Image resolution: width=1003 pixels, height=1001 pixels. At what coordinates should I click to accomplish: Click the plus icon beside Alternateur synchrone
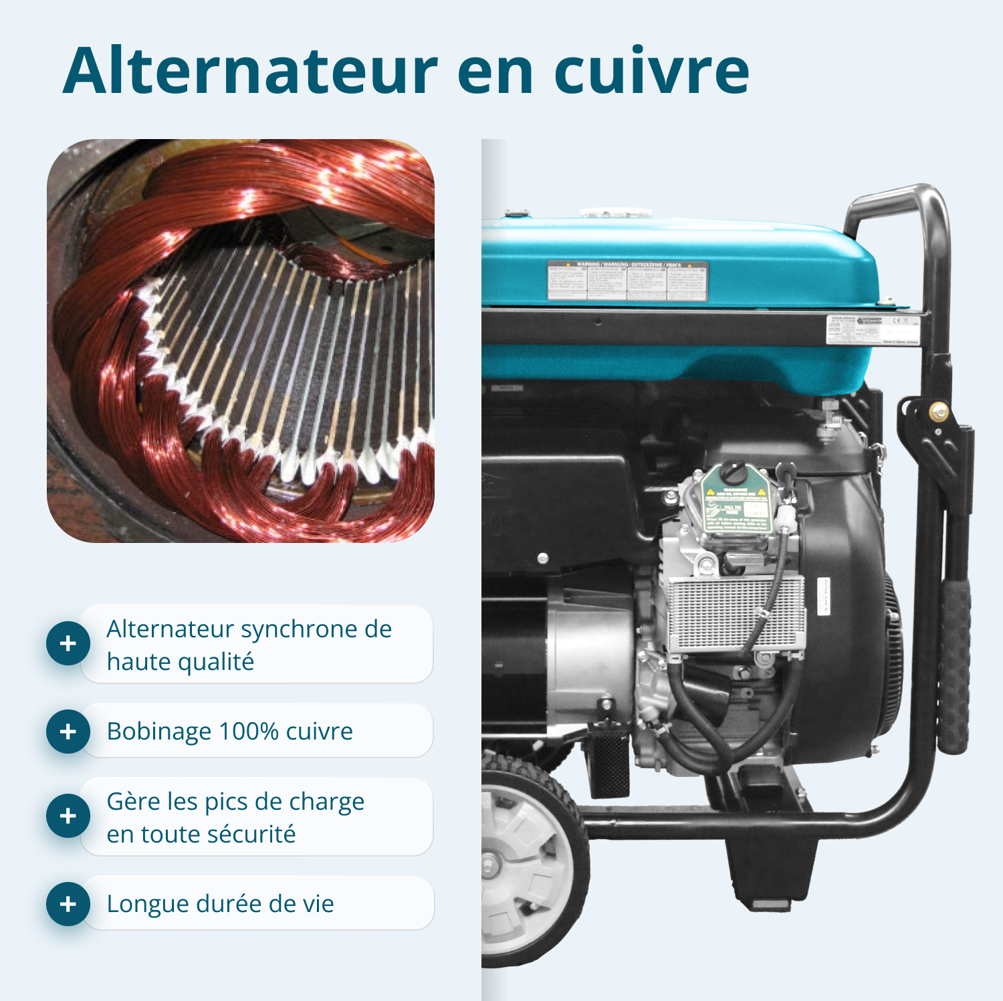pyautogui.click(x=68, y=643)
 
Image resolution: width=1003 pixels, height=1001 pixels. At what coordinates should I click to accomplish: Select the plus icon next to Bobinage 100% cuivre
pyautogui.click(x=68, y=731)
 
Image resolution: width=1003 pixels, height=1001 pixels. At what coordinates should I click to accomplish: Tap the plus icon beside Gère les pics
pyautogui.click(x=68, y=816)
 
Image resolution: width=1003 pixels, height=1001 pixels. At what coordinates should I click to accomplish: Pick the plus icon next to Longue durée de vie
pyautogui.click(x=68, y=904)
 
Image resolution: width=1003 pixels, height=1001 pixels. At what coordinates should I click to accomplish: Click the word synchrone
pyautogui.click(x=301, y=630)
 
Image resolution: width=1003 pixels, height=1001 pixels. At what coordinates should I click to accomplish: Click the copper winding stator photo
pyautogui.click(x=241, y=341)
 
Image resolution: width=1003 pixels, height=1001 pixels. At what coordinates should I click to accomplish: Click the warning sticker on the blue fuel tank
pyautogui.click(x=627, y=281)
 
